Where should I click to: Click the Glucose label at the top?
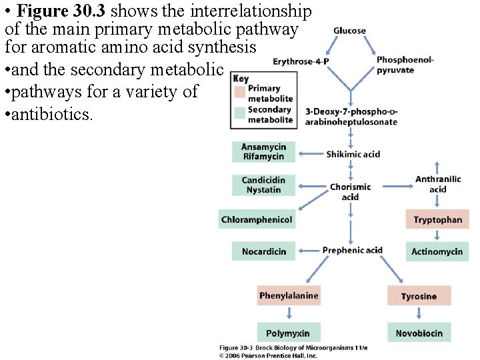[x=349, y=31]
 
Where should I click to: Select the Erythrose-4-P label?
[x=301, y=62]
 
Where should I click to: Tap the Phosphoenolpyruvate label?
[x=405, y=65]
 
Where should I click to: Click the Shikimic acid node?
[x=353, y=154]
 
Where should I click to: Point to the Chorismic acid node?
[x=350, y=191]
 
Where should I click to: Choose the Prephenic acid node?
[x=352, y=251]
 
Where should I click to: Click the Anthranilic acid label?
[x=437, y=184]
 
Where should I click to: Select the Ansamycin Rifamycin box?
[x=263, y=152]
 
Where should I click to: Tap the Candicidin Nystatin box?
[x=263, y=185]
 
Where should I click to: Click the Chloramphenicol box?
[x=257, y=219]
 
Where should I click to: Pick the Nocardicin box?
[x=263, y=251]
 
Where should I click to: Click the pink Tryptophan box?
[x=437, y=219]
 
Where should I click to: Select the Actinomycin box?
[x=437, y=251]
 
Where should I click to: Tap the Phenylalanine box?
[x=289, y=295]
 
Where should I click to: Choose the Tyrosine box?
[x=419, y=296]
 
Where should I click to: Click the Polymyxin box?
[x=287, y=333]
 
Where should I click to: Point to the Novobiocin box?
[x=419, y=333]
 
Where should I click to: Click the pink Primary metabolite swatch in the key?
[x=239, y=91]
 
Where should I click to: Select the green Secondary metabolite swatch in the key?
[x=239, y=112]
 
